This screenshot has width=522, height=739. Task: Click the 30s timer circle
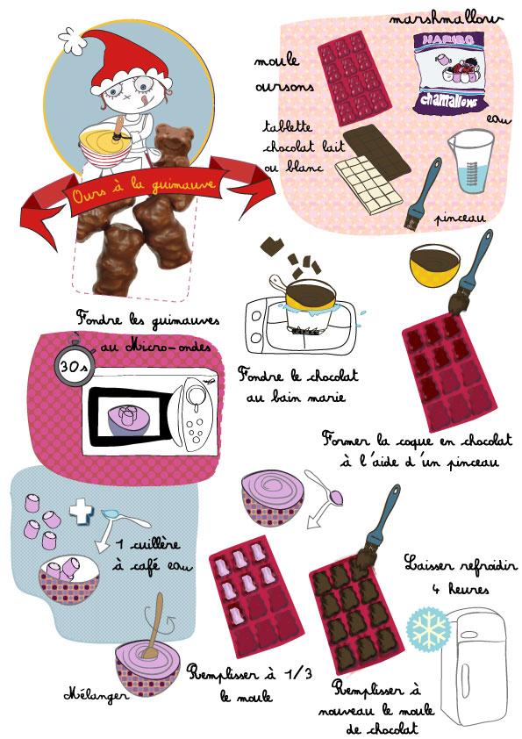click(x=73, y=367)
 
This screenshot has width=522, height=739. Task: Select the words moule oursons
click(x=278, y=75)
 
